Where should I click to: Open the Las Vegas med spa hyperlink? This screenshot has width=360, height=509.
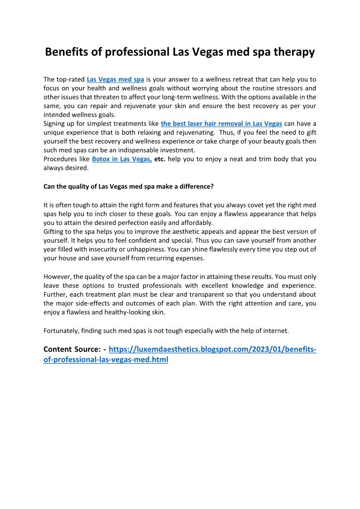[115, 79]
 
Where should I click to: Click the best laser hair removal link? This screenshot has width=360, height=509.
[221, 123]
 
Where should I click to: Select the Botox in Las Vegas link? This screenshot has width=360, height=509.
[122, 159]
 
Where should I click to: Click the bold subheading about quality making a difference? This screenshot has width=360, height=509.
[128, 186]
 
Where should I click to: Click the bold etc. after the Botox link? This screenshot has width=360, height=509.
[160, 159]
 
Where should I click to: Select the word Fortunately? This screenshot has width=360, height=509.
[61, 330]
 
